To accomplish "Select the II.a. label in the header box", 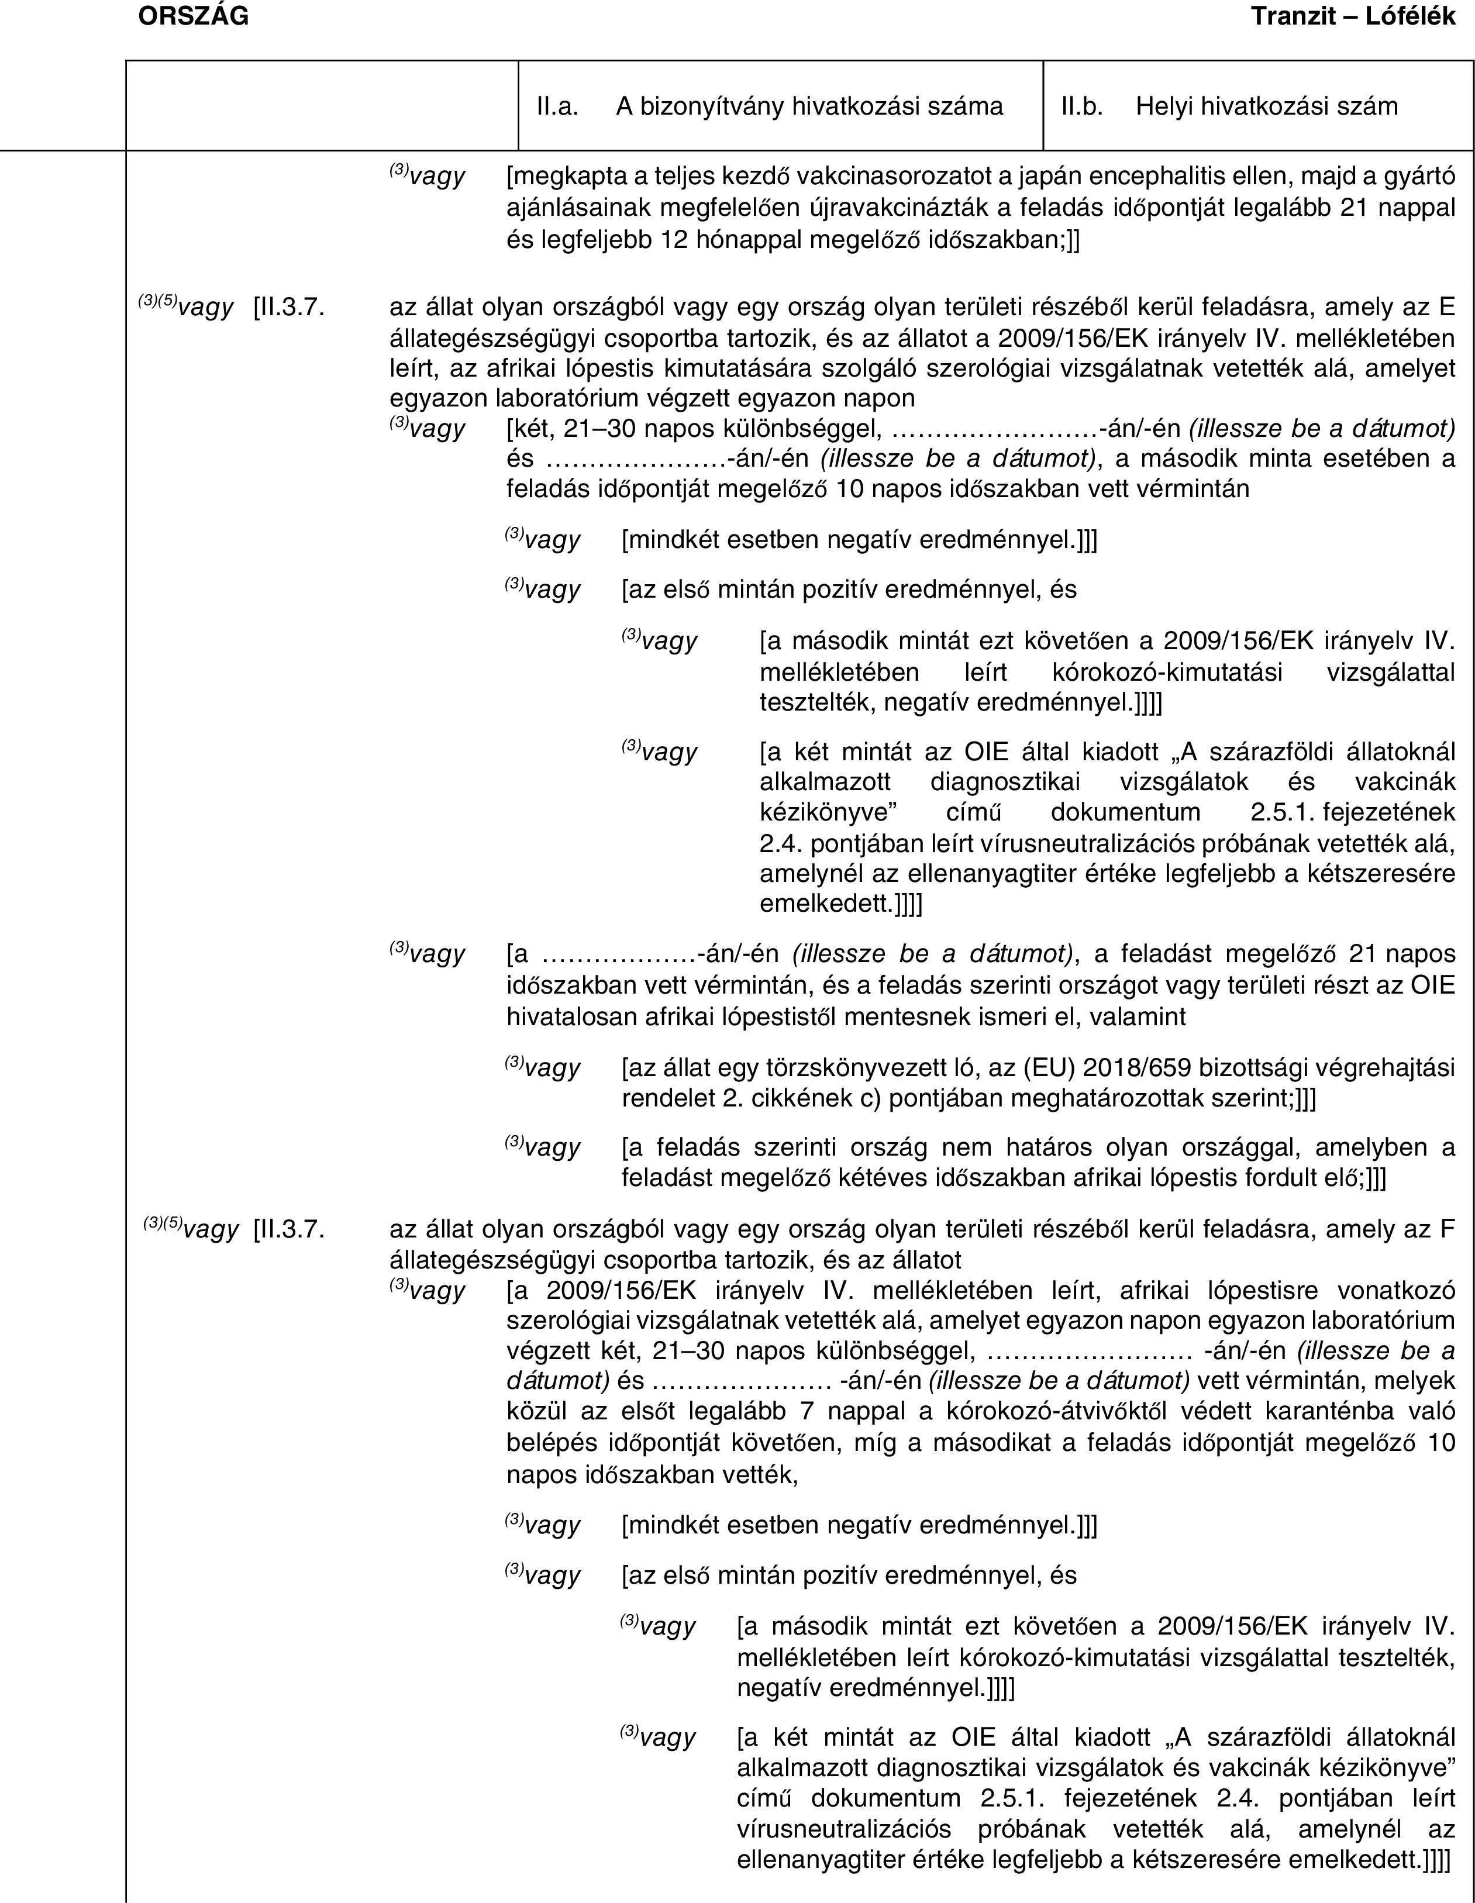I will (557, 106).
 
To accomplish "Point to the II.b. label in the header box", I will (1082, 106).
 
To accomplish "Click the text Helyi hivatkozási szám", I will (1267, 106).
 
